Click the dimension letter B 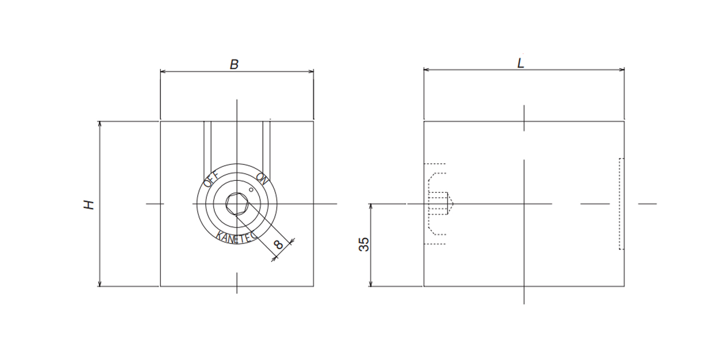point(234,64)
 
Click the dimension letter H point(89,205)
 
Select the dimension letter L point(521,63)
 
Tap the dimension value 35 point(364,244)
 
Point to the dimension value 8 point(279,245)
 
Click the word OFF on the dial point(211,178)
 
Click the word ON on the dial point(262,178)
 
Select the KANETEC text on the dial point(236,237)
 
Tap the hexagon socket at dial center point(237,204)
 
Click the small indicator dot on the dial point(250,189)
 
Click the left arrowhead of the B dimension point(163,71)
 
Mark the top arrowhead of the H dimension point(100,124)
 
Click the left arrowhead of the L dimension point(427,70)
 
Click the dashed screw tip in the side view point(451,204)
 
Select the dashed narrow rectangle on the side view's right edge point(621,204)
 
